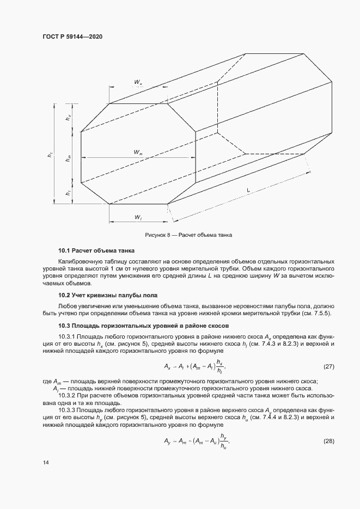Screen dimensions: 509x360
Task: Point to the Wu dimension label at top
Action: [138, 83]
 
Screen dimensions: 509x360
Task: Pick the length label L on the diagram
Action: [248, 190]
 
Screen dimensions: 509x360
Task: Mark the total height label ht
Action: [50, 155]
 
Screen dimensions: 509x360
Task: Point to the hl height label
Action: [68, 193]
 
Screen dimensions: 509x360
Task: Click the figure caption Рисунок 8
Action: [188, 236]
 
